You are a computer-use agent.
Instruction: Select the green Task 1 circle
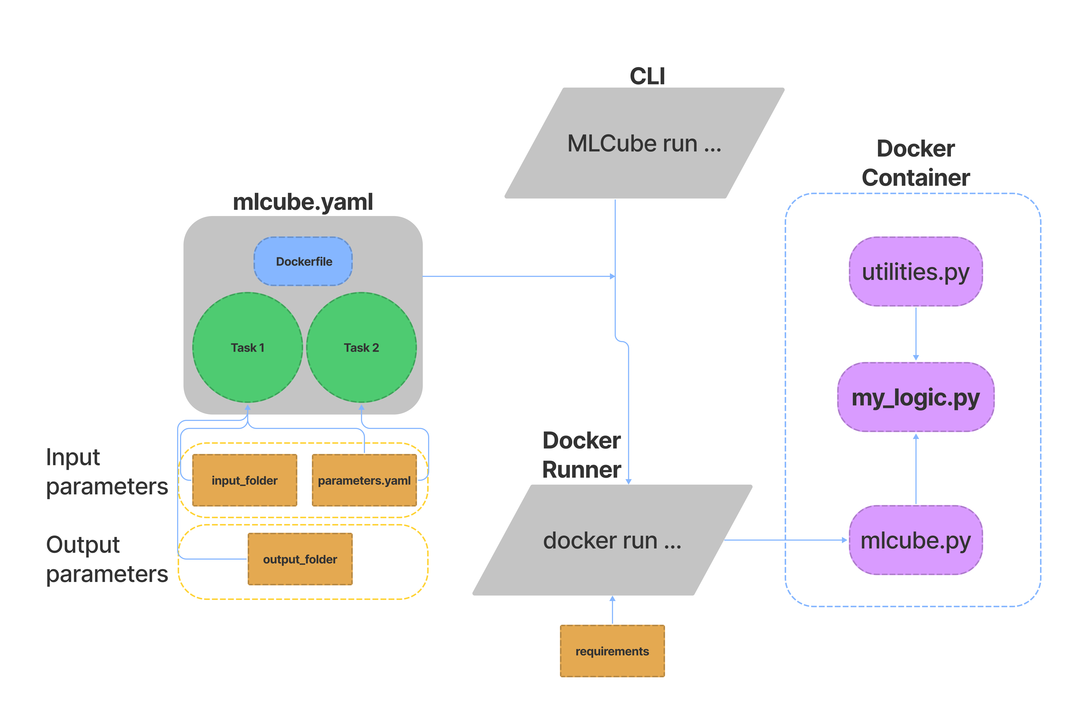pos(247,347)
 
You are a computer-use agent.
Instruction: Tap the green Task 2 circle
pos(361,347)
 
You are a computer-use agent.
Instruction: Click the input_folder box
pos(244,480)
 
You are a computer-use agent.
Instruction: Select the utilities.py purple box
pos(915,271)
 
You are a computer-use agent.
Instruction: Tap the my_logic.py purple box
pos(915,397)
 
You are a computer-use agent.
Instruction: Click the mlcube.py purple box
pos(915,540)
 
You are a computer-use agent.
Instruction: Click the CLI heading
pos(647,76)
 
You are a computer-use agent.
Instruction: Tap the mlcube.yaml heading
pos(303,202)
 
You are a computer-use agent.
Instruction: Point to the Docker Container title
pos(915,163)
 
